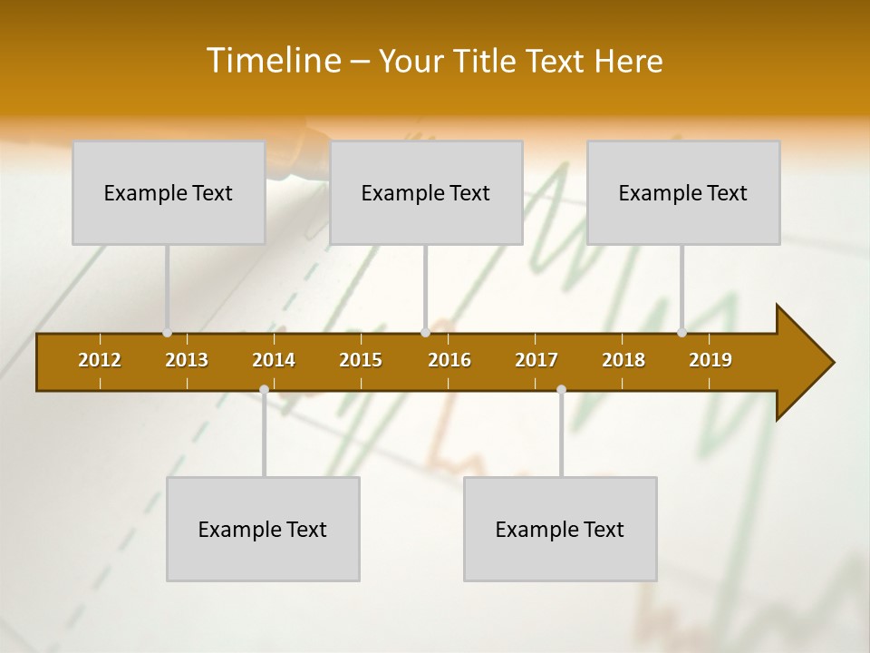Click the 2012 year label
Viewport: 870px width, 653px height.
100,360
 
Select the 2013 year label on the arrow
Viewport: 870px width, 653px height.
187,360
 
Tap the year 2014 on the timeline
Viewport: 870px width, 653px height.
274,360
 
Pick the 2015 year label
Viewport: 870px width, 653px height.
361,360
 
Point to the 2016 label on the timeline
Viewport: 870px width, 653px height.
449,360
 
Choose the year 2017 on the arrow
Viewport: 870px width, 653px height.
536,360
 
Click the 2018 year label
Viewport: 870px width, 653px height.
623,360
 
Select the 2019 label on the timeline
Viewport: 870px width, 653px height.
710,360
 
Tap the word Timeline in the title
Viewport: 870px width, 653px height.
273,61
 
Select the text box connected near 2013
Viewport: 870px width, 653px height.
169,192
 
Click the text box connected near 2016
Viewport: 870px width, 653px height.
426,192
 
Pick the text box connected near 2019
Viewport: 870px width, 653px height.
683,192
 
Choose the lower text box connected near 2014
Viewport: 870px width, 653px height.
263,529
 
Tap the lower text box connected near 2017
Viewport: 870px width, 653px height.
560,529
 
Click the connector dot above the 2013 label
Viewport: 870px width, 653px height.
168,333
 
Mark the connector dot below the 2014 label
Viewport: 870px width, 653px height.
264,389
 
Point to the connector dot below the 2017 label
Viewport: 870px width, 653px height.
561,389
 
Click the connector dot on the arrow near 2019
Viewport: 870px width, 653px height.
682,333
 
